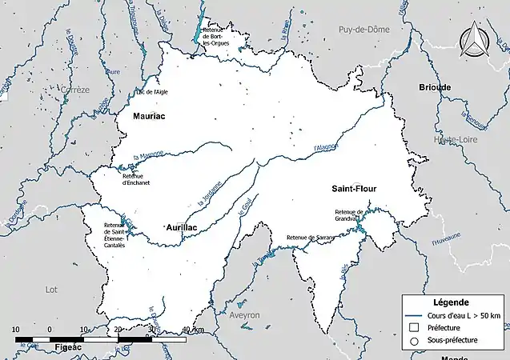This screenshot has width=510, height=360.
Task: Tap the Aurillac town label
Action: tap(180, 228)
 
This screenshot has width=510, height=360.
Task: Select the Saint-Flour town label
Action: tap(354, 189)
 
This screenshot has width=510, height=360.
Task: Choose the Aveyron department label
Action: tap(244, 315)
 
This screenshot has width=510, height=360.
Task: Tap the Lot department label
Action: tap(52, 289)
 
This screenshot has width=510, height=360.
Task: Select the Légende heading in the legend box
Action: tap(450, 302)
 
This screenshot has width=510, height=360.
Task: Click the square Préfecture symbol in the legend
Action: tap(415, 327)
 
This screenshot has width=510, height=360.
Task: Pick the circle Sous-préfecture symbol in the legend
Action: tap(415, 341)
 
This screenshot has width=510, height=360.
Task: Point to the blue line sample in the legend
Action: tap(415, 314)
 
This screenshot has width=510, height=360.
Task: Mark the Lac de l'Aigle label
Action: tap(151, 92)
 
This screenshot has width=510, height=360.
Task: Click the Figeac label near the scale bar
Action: tap(71, 350)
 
